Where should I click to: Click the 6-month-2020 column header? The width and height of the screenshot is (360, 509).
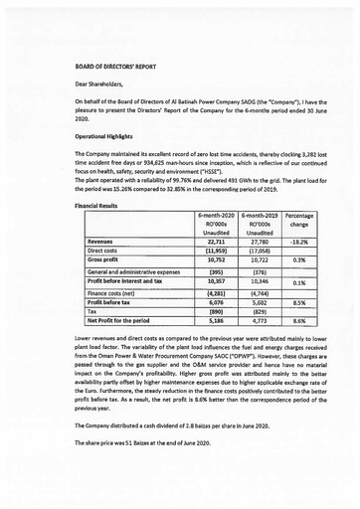pos(216,215)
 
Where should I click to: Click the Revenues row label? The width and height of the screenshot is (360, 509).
pos(100,241)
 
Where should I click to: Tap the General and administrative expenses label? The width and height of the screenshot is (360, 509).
pos(134,271)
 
